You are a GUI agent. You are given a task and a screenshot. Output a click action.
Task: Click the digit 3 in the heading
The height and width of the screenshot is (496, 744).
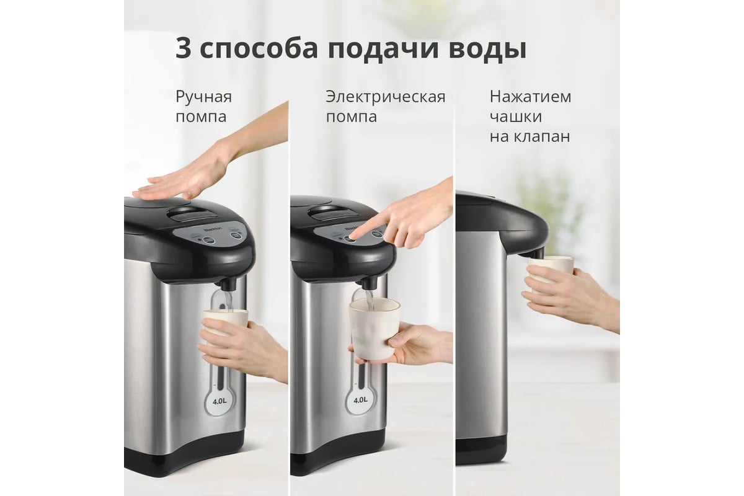pyautogui.click(x=184, y=49)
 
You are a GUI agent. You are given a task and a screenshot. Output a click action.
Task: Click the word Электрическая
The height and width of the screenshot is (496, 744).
pyautogui.click(x=385, y=97)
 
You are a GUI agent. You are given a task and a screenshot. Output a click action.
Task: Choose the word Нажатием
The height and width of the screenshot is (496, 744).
pyautogui.click(x=531, y=97)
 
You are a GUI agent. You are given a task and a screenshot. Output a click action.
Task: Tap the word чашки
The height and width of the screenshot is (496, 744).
pyautogui.click(x=516, y=117)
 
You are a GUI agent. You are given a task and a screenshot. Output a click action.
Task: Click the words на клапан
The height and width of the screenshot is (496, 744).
pyautogui.click(x=529, y=136)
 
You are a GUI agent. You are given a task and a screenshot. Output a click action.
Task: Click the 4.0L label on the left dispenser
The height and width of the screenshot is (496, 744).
pyautogui.click(x=219, y=401)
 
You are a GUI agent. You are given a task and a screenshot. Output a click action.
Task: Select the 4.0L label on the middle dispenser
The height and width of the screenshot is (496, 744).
pyautogui.click(x=360, y=400)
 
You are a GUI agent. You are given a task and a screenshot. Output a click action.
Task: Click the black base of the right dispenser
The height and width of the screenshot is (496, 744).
pyautogui.click(x=481, y=450)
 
